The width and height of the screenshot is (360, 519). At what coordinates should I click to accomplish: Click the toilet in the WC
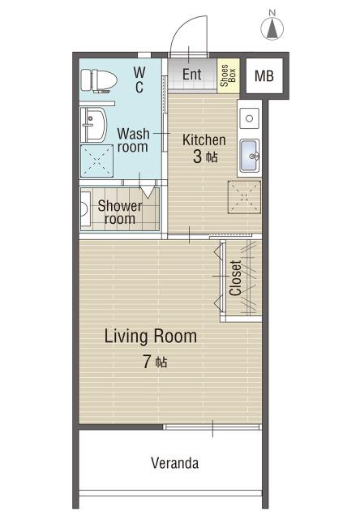99,80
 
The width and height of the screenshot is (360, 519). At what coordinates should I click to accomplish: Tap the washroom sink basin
93,125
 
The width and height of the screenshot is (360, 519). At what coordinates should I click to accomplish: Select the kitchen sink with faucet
250,156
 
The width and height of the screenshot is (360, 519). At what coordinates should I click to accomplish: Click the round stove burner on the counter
250,118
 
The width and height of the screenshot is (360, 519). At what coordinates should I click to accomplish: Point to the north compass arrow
272,28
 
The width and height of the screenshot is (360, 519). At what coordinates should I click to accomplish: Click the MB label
264,76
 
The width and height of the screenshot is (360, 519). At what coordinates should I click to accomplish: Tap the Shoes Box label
228,75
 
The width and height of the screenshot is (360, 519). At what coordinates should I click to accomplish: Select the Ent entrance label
191,74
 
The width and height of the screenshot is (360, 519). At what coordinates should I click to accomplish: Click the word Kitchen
204,140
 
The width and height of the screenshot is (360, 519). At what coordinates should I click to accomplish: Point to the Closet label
236,278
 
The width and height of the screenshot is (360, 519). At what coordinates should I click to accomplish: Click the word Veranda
175,463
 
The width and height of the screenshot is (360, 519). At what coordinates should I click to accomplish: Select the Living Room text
151,337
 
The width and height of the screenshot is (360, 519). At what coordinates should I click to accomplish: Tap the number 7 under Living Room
147,362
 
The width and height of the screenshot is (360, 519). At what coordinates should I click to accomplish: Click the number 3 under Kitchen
198,157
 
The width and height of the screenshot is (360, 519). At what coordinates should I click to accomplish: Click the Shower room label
120,212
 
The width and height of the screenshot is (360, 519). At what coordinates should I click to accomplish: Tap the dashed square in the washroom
96,161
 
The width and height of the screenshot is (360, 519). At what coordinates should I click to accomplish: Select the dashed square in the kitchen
244,197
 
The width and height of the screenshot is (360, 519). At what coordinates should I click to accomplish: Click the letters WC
139,79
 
